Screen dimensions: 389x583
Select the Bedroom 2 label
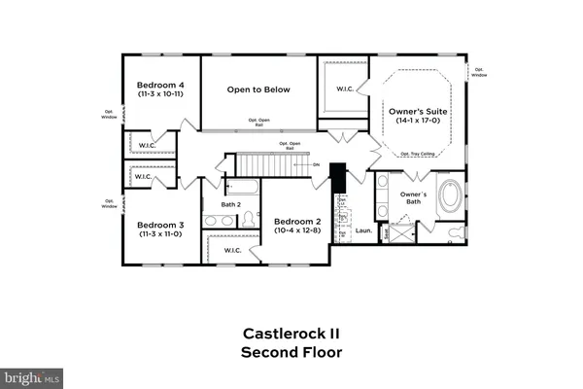(x=298, y=222)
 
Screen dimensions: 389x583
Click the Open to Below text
(x=258, y=89)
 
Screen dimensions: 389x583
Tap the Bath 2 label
(x=230, y=204)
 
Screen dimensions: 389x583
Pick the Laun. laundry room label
(x=363, y=230)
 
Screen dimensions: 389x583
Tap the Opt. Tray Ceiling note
(x=418, y=154)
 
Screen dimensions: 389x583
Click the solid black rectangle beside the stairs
(x=338, y=178)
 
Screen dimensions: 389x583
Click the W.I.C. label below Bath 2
(x=232, y=250)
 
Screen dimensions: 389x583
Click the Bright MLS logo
(x=31, y=375)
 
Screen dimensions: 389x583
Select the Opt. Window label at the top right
(x=477, y=71)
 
